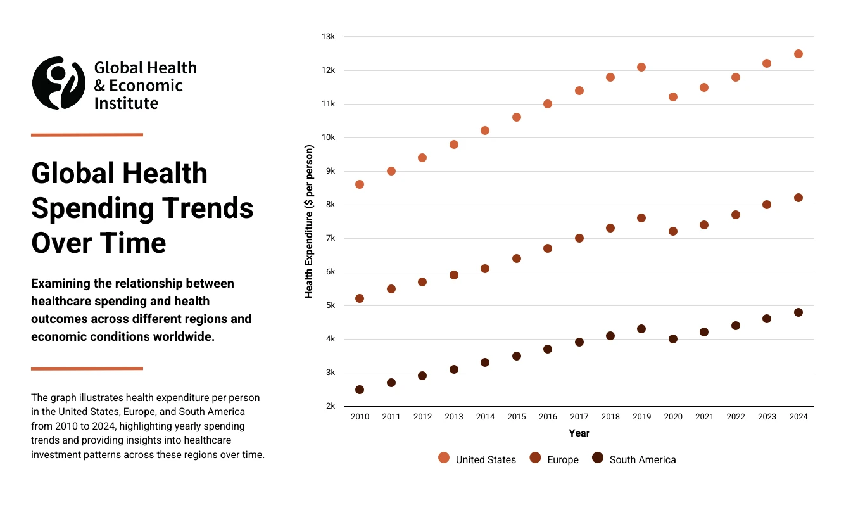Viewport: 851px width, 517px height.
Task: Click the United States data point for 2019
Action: click(x=641, y=67)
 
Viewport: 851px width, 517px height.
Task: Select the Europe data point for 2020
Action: click(x=673, y=231)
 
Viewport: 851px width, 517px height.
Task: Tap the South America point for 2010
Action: click(x=360, y=390)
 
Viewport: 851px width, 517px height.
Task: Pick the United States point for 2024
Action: click(x=798, y=54)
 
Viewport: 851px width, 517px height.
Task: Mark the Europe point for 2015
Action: click(x=517, y=258)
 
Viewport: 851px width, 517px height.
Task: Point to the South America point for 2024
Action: click(x=798, y=312)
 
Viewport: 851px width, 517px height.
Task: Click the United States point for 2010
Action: click(x=360, y=184)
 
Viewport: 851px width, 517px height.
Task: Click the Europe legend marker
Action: click(x=536, y=458)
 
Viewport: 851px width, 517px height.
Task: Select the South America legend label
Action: click(x=642, y=460)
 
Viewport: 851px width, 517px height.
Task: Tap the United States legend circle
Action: click(x=444, y=458)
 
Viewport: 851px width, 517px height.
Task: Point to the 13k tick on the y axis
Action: click(x=328, y=37)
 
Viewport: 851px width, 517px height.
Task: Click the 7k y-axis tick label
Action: click(x=330, y=238)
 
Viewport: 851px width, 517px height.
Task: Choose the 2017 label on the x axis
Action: click(x=579, y=417)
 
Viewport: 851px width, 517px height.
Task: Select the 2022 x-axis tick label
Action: click(x=736, y=417)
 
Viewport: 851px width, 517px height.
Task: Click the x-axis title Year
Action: click(x=579, y=433)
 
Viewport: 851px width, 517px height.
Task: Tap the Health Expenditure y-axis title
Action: click(x=310, y=222)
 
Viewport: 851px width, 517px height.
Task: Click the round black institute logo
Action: click(x=59, y=83)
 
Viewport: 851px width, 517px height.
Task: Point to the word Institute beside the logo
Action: click(x=126, y=103)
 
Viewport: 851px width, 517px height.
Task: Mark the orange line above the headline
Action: click(x=87, y=135)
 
